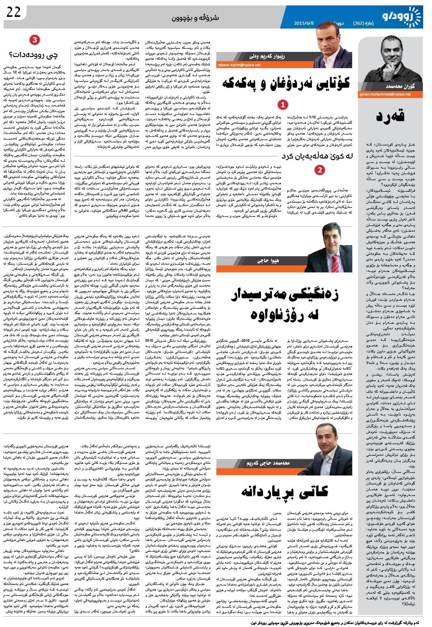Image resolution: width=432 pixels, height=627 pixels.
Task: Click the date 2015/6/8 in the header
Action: tap(304, 23)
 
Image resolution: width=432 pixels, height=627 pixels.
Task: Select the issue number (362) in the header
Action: tap(361, 23)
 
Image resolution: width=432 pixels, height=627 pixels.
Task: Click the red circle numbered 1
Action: tap(283, 105)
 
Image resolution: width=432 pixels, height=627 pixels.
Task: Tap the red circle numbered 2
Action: tap(319, 170)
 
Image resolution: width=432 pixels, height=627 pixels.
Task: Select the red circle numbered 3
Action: tap(34, 40)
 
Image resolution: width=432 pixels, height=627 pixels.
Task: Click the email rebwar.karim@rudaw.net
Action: tap(239, 65)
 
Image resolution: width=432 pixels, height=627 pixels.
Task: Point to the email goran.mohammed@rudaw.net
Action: tap(385, 94)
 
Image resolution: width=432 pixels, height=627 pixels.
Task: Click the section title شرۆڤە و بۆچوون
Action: tap(195, 18)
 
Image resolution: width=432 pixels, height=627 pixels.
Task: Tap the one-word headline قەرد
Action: tap(390, 116)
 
